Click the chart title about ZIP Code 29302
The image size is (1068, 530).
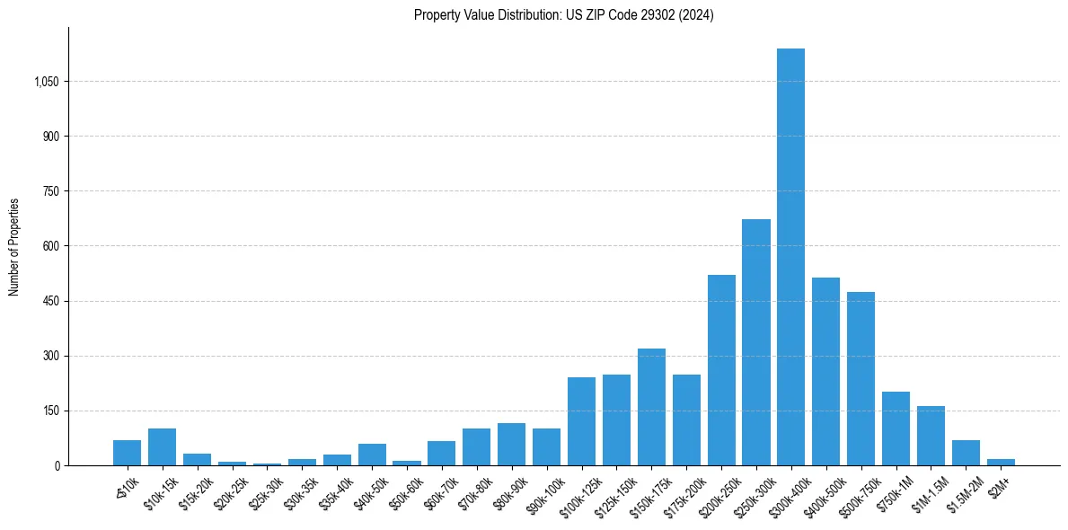coord(563,15)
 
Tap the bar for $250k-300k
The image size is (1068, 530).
coord(755,342)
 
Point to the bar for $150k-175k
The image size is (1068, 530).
coord(651,407)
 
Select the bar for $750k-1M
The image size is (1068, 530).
coord(896,428)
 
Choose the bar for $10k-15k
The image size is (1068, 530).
coord(162,447)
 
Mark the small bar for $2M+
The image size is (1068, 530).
coord(1001,462)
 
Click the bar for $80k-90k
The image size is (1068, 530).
coord(511,445)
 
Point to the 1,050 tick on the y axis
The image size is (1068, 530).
coord(46,82)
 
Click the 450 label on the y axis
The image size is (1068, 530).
coord(50,301)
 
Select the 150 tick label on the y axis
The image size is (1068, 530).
coord(50,411)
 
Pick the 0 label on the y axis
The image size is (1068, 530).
coord(57,465)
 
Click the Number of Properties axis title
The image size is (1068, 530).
coord(14,246)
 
